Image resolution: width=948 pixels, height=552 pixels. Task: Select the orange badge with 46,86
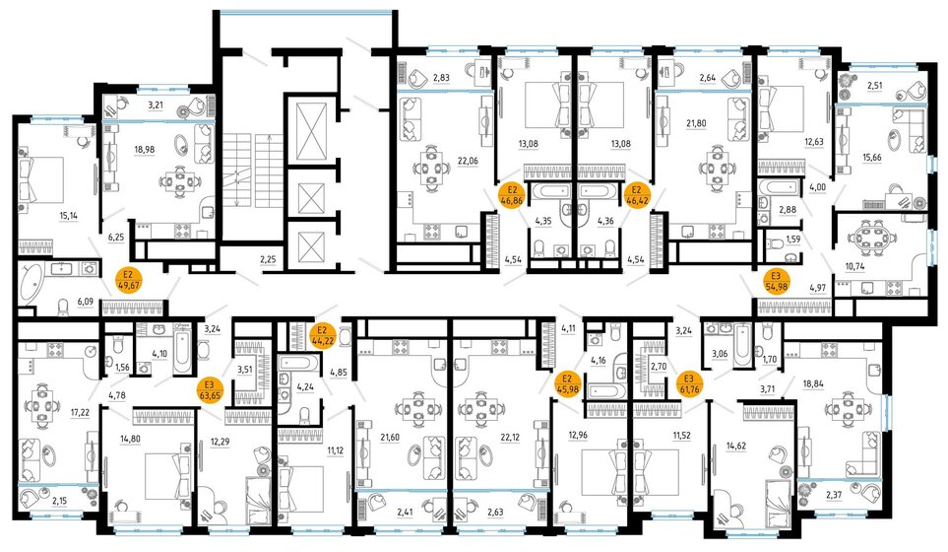coord(511,194)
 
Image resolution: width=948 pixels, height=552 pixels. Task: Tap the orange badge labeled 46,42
coord(636,194)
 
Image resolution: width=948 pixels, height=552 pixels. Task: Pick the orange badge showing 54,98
coord(776,281)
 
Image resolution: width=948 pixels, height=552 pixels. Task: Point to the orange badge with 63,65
coord(209,390)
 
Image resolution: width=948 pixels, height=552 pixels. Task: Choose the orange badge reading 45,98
coord(567,383)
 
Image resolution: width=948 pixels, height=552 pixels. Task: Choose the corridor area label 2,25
coord(268,260)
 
